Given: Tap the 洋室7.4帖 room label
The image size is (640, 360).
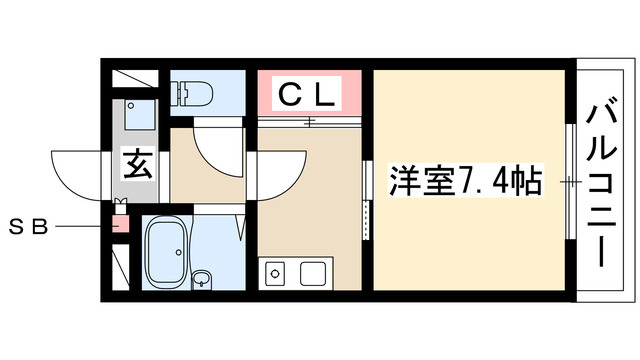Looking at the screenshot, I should (465, 182).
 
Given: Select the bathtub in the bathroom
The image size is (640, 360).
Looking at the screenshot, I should (172, 251).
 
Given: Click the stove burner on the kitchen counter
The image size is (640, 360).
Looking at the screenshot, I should (274, 271).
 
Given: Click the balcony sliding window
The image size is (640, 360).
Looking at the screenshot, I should (569, 182).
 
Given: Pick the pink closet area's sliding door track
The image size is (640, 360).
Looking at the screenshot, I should (310, 123).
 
